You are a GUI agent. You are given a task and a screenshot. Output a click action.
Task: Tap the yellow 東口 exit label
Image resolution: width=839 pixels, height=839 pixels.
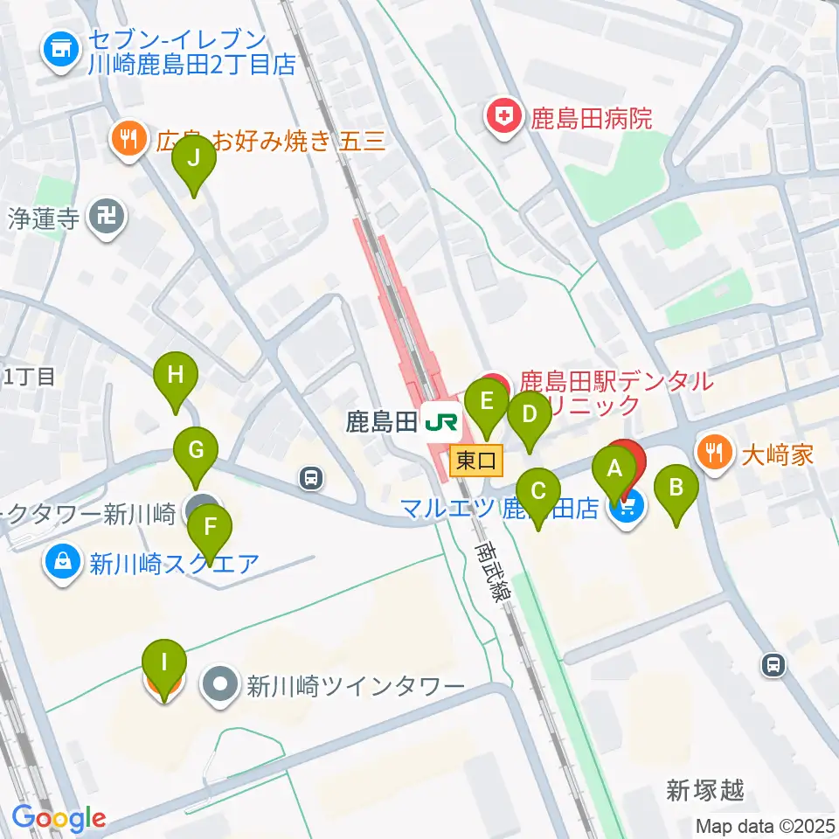(476, 459)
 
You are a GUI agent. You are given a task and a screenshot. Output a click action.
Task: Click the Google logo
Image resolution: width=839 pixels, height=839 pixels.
(59, 818)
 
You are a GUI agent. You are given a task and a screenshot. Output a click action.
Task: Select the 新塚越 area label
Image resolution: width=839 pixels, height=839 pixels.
(705, 791)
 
